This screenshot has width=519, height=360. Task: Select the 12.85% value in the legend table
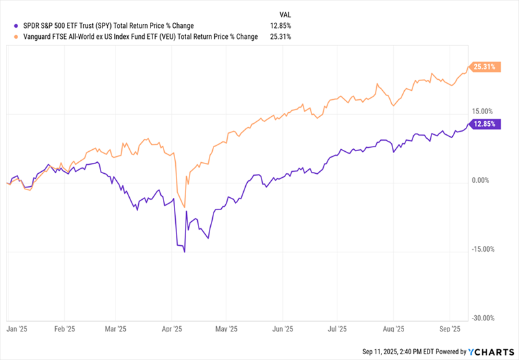281,26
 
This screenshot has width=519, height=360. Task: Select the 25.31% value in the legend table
281,37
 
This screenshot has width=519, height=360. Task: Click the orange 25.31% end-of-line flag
485,66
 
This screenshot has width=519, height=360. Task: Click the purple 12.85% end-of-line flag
485,124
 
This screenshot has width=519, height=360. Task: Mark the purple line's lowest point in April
185,252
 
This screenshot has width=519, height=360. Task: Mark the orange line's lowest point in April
185,207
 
